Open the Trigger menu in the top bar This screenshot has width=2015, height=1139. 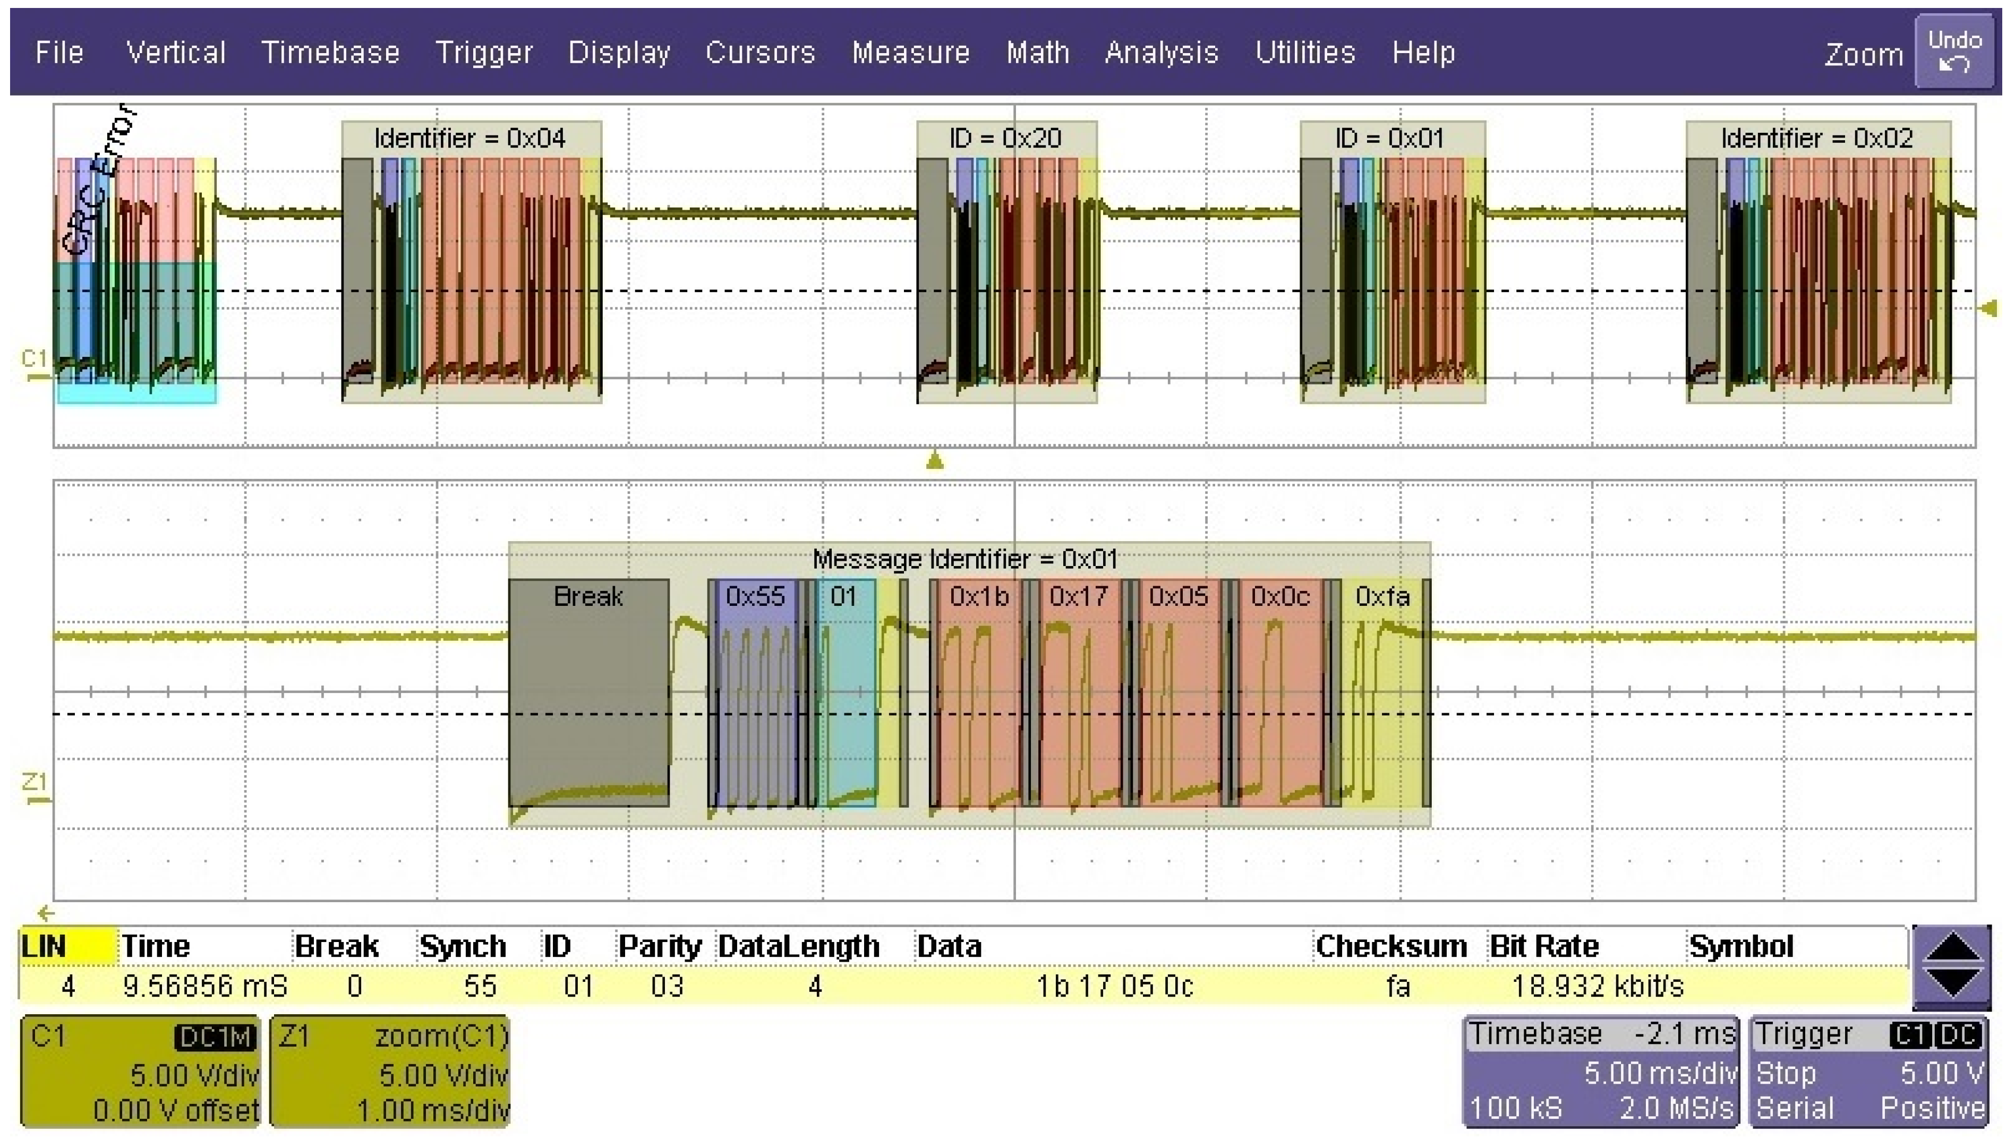click(483, 53)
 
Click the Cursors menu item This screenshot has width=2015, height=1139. click(759, 53)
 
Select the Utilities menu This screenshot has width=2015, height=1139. click(1305, 53)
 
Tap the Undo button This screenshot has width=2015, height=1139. click(1954, 51)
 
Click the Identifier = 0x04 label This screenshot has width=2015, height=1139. click(469, 139)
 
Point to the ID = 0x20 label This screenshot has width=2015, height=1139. click(1005, 139)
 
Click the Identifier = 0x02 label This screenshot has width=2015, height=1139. click(1816, 139)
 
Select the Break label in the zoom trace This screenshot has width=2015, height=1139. click(588, 596)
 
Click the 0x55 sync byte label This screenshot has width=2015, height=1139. click(755, 596)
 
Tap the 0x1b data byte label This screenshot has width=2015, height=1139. click(979, 596)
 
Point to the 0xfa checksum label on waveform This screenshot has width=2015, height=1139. click(1382, 596)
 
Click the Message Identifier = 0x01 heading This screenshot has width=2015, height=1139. click(964, 559)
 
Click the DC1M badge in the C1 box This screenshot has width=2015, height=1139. click(216, 1037)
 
